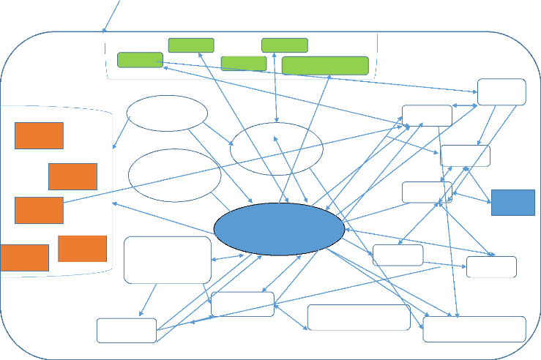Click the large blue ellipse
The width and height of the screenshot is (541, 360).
point(279,229)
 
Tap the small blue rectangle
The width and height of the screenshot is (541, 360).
point(512,203)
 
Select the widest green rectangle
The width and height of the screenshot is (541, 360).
point(324,65)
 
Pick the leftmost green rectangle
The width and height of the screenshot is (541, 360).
point(140,60)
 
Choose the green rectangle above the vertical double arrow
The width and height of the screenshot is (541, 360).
point(284,45)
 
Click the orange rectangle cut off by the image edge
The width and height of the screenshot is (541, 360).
point(24,258)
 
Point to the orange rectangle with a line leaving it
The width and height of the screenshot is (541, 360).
point(39,210)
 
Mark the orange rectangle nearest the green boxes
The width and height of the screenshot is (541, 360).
point(39,135)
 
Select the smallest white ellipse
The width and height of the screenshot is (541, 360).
point(167,113)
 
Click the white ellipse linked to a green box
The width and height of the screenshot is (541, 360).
point(276,149)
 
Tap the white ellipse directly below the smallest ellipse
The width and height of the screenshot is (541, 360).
point(174,176)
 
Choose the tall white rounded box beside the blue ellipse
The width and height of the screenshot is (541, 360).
point(168,260)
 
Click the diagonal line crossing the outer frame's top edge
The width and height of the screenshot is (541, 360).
point(111,16)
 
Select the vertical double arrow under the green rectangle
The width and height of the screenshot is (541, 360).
point(275,88)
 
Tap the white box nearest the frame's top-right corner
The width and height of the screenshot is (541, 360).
point(501,91)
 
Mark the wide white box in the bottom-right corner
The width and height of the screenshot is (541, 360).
point(474,329)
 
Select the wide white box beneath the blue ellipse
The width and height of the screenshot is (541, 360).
point(359,318)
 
